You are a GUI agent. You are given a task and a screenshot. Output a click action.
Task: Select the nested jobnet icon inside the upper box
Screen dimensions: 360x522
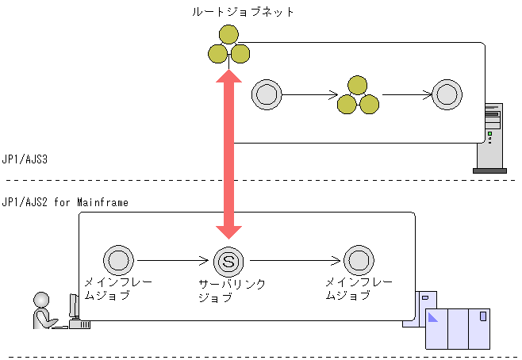coord(357,95)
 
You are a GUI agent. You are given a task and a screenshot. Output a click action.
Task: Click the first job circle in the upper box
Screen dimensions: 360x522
coord(267,95)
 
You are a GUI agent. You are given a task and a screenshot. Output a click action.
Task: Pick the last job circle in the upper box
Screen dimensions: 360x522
coord(447,95)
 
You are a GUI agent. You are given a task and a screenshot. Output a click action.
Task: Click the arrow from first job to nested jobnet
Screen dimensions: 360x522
coord(309,95)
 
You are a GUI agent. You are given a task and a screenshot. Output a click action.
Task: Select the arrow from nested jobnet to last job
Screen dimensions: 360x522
coord(406,95)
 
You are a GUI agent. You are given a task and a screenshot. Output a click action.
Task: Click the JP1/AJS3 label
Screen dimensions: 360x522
coord(25,159)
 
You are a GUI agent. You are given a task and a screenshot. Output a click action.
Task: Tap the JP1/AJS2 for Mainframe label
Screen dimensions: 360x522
coord(66,203)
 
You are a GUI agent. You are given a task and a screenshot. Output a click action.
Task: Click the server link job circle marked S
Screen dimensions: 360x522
coord(228,259)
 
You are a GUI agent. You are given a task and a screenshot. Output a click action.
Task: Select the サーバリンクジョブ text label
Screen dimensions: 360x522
coord(231,290)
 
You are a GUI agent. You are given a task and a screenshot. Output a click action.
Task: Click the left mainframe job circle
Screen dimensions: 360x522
coord(118,259)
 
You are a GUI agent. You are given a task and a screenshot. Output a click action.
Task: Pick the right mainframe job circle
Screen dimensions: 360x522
coord(358,259)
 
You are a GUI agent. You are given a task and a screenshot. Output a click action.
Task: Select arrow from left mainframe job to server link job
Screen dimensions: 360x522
coord(173,259)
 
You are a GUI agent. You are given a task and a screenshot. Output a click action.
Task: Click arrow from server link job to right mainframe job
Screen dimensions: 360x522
coord(293,259)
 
